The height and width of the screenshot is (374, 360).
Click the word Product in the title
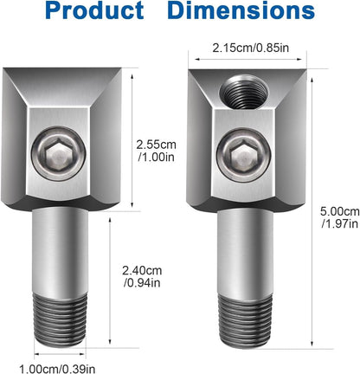(x=94, y=10)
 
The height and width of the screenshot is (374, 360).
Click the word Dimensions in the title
(x=241, y=10)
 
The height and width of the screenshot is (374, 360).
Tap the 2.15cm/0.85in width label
(x=251, y=48)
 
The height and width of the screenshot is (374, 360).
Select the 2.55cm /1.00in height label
(x=157, y=151)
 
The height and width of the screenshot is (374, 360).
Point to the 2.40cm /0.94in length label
(x=142, y=277)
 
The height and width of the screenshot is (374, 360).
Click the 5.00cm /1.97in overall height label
(x=340, y=217)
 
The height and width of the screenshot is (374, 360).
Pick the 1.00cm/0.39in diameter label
(x=57, y=369)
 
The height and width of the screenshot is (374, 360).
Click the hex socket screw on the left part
(x=59, y=154)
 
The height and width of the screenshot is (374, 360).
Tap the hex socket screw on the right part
(x=244, y=156)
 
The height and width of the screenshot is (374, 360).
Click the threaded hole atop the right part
(x=244, y=92)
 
